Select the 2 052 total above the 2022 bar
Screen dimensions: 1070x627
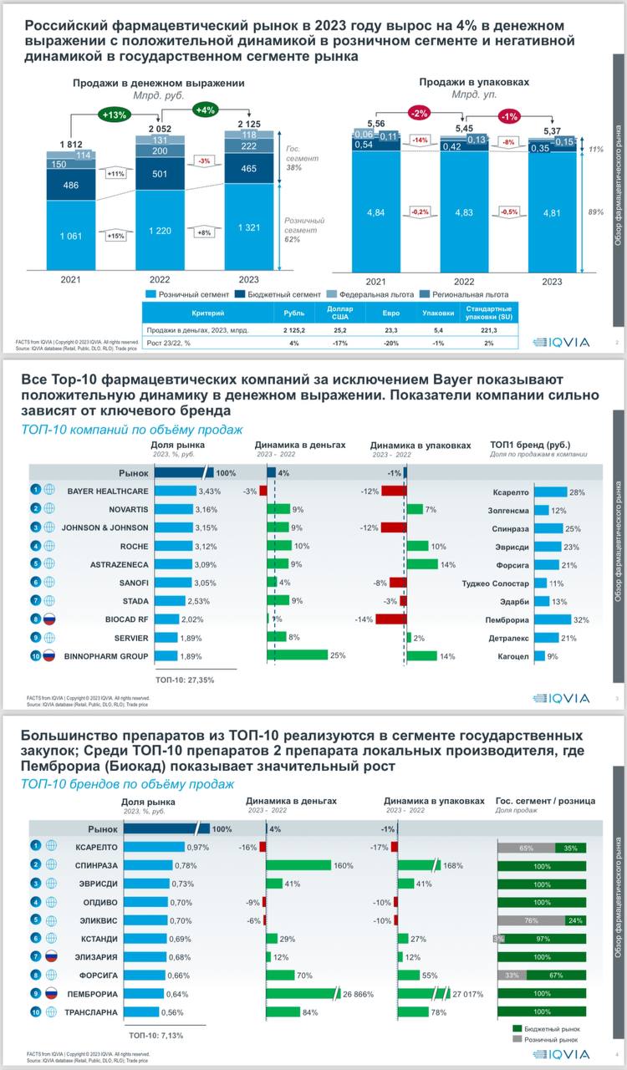point(161,129)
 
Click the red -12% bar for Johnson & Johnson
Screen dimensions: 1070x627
point(394,527)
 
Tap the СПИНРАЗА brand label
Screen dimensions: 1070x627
point(96,865)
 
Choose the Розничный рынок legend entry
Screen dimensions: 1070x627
point(552,1040)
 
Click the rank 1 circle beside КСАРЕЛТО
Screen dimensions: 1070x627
point(37,847)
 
